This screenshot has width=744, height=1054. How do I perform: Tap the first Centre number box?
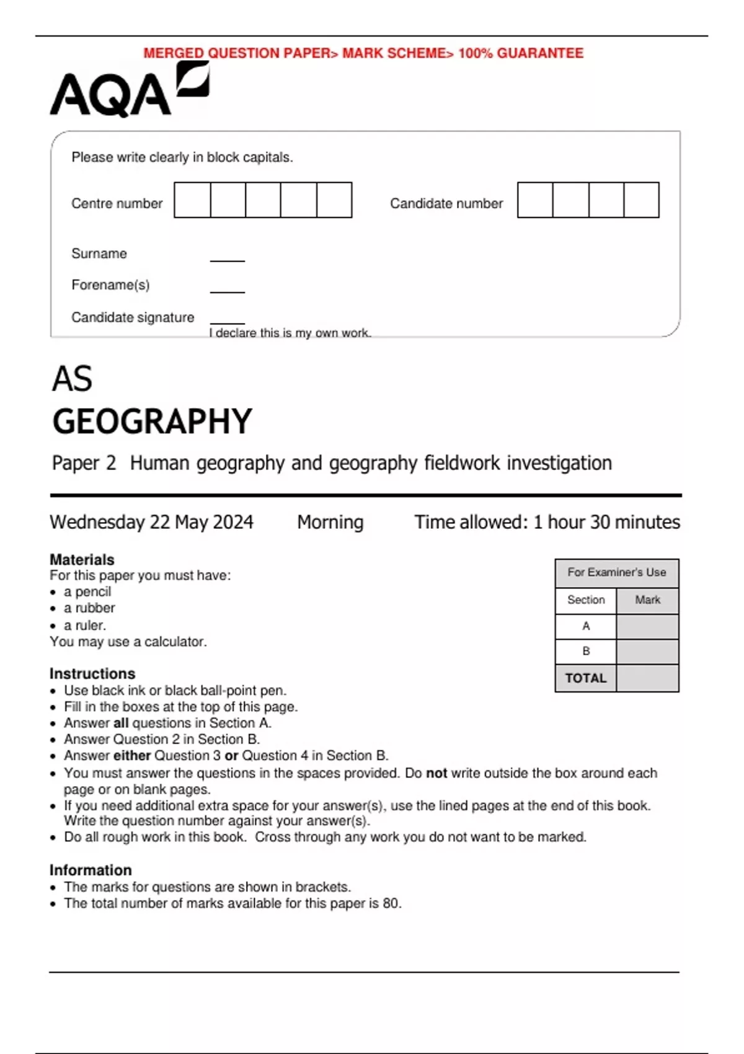point(192,200)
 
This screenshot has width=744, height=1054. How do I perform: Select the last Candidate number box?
point(641,200)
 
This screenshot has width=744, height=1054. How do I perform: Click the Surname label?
point(99,254)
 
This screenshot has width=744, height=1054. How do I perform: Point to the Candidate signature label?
point(133,317)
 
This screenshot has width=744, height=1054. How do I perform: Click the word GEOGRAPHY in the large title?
point(152,422)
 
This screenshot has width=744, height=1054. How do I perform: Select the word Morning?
point(330,522)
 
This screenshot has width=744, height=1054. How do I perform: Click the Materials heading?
point(82,559)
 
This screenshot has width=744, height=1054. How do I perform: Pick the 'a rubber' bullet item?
point(89,608)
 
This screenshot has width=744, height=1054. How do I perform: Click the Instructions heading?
point(92,673)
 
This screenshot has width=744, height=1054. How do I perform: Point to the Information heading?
point(91,870)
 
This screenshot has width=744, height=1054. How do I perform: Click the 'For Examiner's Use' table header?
point(616,572)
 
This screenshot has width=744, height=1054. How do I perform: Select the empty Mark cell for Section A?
point(647,626)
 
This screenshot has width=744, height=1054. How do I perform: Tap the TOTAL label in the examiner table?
point(586,678)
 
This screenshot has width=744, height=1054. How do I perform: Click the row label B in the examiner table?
point(586,652)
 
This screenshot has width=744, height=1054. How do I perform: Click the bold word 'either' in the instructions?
point(132,756)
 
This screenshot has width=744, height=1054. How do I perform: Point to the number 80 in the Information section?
point(391,903)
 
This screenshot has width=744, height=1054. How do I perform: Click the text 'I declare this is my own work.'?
point(290,333)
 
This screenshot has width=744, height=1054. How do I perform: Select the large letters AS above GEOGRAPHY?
point(73,379)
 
